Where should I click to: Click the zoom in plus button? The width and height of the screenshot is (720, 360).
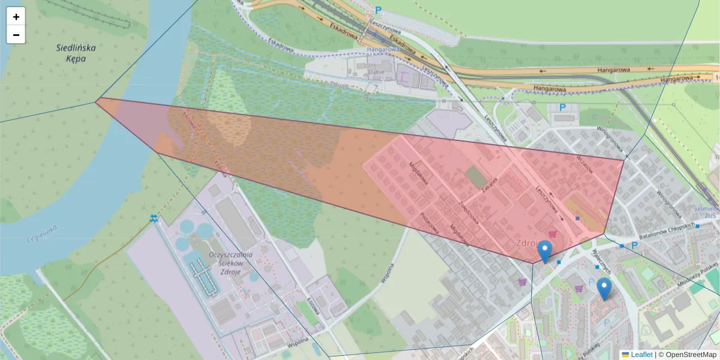16,17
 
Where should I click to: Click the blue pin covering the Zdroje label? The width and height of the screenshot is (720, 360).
545,251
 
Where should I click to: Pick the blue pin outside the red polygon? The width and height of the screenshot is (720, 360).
604,289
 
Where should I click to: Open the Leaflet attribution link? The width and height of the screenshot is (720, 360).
641,355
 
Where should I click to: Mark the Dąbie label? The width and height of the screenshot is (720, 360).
376,71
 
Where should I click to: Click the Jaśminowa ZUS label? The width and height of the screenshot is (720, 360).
707,212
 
